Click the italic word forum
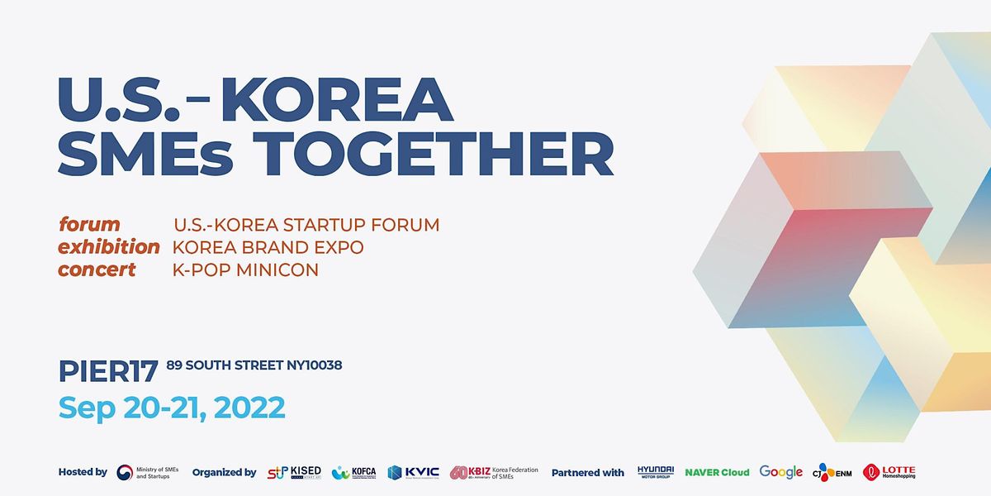point(89,225)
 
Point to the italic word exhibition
point(108,247)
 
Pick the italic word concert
point(97,269)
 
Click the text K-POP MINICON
point(245,270)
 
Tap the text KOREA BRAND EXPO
point(268,248)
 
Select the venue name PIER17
point(107,372)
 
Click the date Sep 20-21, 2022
point(172,408)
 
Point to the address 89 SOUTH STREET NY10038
point(254,365)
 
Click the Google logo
point(780,472)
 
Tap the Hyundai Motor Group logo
point(656,472)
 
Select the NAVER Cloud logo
point(717,472)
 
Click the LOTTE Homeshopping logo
point(889,472)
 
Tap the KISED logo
point(294,472)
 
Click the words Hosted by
point(83,472)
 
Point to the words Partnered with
point(587,472)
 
